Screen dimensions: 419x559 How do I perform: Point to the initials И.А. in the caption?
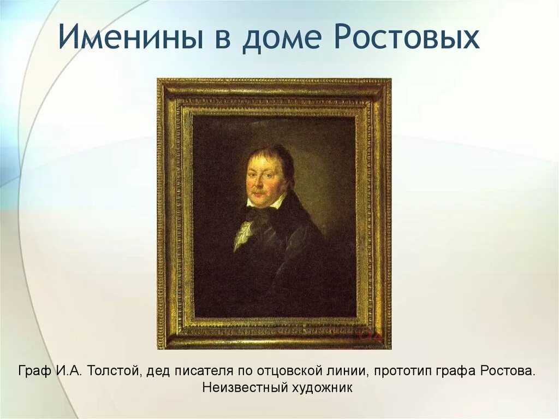(x=68, y=371)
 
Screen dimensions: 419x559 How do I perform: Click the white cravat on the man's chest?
(x=243, y=232)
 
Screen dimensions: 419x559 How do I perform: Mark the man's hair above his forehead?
(x=270, y=153)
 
